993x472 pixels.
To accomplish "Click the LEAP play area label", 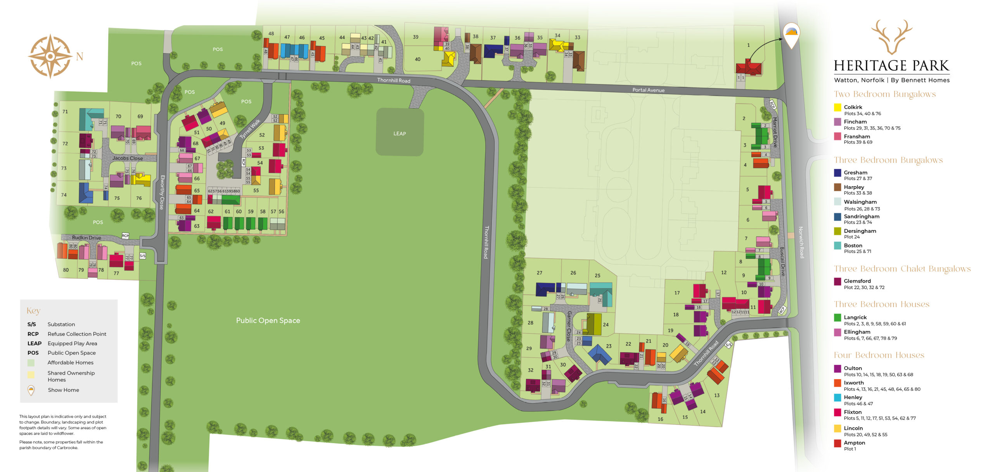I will tap(400, 133).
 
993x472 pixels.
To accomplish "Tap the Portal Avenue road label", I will tap(648, 90).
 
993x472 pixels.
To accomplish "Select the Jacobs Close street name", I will tap(128, 158).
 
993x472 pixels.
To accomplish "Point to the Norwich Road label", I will tap(801, 242).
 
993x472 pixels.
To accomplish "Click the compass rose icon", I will tap(50, 56).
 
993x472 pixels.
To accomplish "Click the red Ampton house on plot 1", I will tap(749, 68).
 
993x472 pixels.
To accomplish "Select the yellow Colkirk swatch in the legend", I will tap(837, 107).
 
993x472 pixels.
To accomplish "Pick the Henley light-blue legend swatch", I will tap(837, 398).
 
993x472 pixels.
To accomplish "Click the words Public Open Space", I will tap(268, 320).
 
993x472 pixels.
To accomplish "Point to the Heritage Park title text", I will tap(891, 66).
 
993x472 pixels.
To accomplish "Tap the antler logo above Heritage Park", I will tap(891, 36).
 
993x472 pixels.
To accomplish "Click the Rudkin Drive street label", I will tap(86, 237).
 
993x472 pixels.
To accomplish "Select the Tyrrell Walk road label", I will tap(250, 129).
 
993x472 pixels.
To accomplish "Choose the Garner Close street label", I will tap(569, 326).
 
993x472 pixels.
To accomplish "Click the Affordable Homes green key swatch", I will tap(31, 363).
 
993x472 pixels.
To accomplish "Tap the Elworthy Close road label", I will tap(162, 192).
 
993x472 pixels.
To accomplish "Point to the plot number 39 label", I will tap(415, 37).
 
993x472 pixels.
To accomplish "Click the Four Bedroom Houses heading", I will tap(879, 355).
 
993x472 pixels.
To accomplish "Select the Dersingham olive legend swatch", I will tap(837, 231).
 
